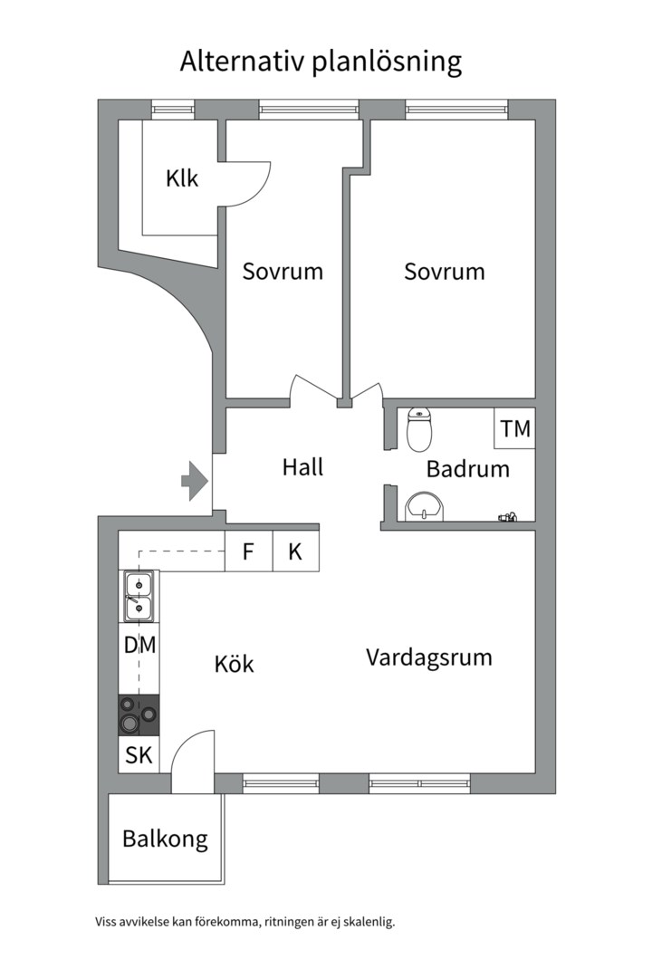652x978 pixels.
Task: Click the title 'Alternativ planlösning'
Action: click(x=321, y=62)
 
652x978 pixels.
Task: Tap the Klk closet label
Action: click(x=182, y=178)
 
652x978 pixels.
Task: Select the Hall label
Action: click(x=302, y=467)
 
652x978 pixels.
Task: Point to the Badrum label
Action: click(x=468, y=469)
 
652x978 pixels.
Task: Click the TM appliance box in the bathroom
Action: click(x=515, y=428)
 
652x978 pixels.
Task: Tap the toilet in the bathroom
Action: click(x=419, y=429)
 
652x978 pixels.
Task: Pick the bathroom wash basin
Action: click(x=424, y=506)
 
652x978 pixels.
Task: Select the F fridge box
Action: click(x=248, y=551)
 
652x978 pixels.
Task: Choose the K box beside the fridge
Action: click(x=296, y=551)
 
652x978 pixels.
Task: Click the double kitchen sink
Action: click(x=139, y=596)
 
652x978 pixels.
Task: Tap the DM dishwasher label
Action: click(x=139, y=647)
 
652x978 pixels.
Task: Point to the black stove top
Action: click(x=139, y=714)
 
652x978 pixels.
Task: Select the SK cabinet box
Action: click(x=139, y=755)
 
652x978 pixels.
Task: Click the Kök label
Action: click(x=234, y=664)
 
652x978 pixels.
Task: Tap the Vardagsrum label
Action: click(x=429, y=657)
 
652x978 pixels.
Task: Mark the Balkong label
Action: click(x=165, y=839)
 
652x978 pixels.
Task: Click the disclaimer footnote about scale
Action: click(x=245, y=923)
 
